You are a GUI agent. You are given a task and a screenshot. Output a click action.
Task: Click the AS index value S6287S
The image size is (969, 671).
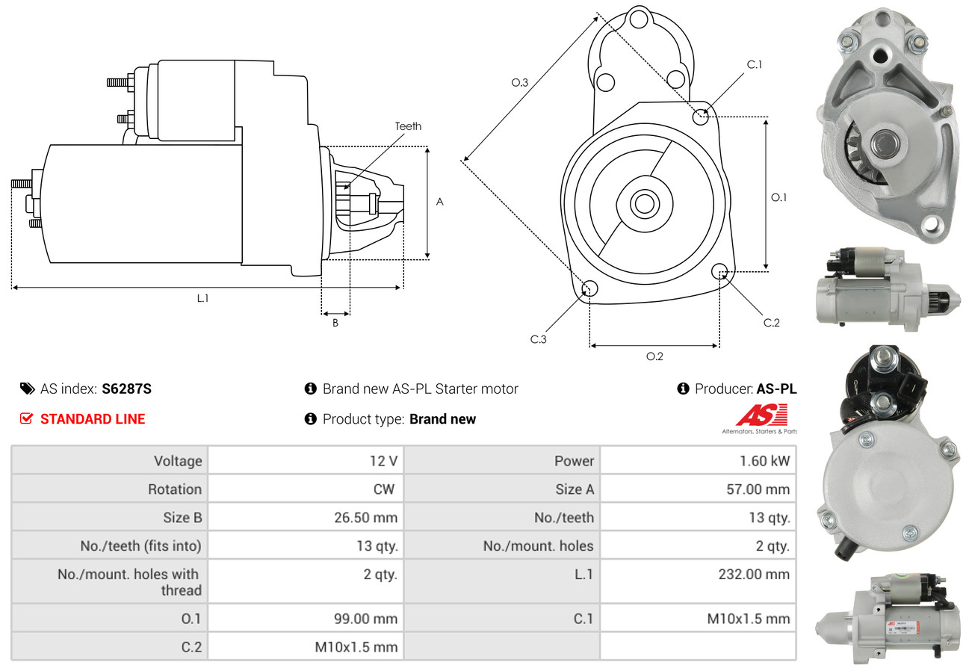126,389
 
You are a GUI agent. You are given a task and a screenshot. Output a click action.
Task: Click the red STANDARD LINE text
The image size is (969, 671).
93,419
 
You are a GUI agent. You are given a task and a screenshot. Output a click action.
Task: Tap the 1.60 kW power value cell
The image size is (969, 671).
764,460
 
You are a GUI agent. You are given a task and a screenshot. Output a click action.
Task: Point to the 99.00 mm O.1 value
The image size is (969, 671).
365,619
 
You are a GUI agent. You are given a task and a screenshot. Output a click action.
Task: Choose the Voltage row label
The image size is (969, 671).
178,460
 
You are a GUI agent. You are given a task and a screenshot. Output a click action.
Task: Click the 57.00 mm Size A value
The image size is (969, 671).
758,489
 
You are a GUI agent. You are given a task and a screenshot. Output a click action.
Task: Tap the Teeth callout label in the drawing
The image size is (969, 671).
408,126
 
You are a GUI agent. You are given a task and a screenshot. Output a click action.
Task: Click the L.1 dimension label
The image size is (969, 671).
202,298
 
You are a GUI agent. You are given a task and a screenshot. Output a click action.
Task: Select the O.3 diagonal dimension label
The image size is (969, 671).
520,83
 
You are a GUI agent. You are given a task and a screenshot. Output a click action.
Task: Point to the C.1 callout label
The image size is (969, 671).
755,64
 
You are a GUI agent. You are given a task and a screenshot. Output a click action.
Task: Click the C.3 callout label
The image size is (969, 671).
539,339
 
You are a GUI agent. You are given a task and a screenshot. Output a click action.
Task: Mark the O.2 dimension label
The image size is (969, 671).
654,356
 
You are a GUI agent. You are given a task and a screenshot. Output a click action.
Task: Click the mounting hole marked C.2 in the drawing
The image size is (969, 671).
719,270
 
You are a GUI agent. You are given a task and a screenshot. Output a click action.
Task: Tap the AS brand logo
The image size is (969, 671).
761,415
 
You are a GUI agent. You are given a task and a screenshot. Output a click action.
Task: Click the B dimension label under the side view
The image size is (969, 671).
335,323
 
